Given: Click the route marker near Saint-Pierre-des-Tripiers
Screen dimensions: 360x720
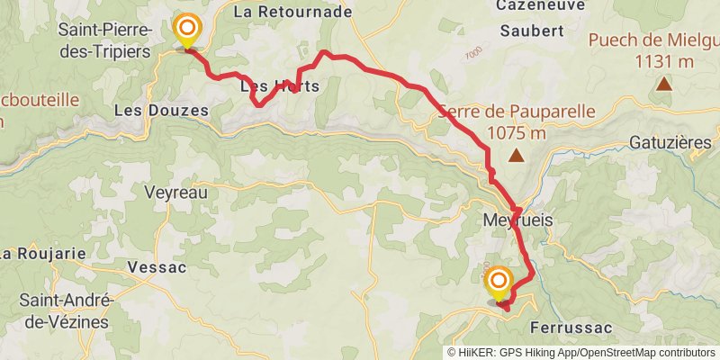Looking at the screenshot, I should coord(187,30).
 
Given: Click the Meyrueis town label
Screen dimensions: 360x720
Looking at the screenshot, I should coord(517,220).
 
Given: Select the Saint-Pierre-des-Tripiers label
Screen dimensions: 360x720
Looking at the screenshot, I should coord(103,41).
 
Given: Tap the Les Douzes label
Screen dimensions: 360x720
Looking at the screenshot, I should coord(162,110).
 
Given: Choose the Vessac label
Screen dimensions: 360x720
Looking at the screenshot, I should coord(157,267).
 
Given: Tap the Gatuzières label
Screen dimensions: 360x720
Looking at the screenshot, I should coord(670,143).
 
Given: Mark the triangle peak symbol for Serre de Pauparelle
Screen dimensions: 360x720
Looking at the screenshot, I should coord(517,156).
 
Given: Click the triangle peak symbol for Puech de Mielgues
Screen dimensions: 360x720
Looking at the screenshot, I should coord(663,85).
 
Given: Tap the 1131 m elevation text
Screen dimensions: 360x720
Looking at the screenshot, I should coord(663,61).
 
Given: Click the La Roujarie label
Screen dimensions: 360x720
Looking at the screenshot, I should coord(43,253).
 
